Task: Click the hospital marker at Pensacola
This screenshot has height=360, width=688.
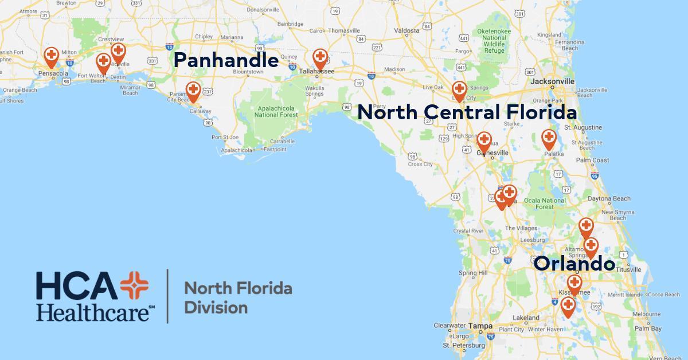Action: click(51, 56)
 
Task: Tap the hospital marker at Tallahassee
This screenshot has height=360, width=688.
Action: click(320, 58)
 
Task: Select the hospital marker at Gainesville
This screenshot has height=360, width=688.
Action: click(484, 140)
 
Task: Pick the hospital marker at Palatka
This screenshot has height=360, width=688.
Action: click(549, 138)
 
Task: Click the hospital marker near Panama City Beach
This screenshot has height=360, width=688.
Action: click(194, 91)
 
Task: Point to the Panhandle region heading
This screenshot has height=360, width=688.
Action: click(226, 60)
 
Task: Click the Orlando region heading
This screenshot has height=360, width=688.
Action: click(574, 264)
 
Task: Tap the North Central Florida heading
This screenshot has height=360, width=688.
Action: click(467, 112)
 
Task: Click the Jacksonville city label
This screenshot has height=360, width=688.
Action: click(552, 81)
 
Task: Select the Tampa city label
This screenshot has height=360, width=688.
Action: click(480, 326)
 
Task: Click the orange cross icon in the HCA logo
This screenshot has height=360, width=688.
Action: click(134, 285)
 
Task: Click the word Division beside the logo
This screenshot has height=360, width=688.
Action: click(215, 307)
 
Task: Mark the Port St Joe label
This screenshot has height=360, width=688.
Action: click(224, 137)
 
